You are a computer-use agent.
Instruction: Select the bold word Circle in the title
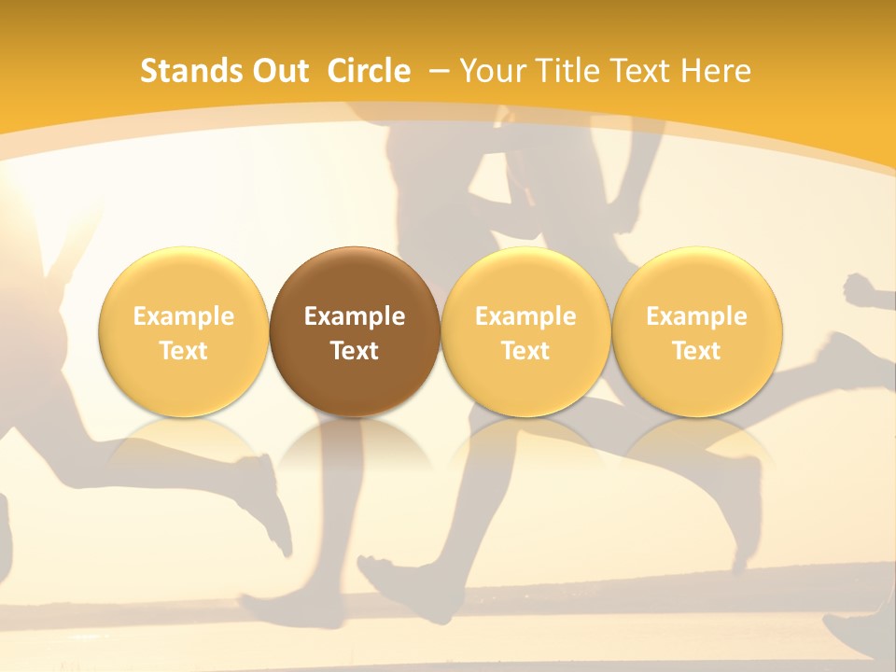coord(369,71)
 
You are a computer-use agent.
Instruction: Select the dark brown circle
coord(355,331)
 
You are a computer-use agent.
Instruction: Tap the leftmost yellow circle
coord(184,331)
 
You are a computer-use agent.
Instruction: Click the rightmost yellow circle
coord(696,331)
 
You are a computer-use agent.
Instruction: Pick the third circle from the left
coord(525,331)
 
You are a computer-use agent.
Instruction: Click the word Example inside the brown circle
coord(355,316)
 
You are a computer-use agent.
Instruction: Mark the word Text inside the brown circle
coord(355,351)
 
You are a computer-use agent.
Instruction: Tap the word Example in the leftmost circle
coord(184,316)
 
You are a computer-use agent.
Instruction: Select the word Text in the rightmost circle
coord(696,351)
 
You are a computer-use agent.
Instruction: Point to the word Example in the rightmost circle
coord(696,316)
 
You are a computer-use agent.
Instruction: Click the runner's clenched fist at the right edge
coord(864,290)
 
